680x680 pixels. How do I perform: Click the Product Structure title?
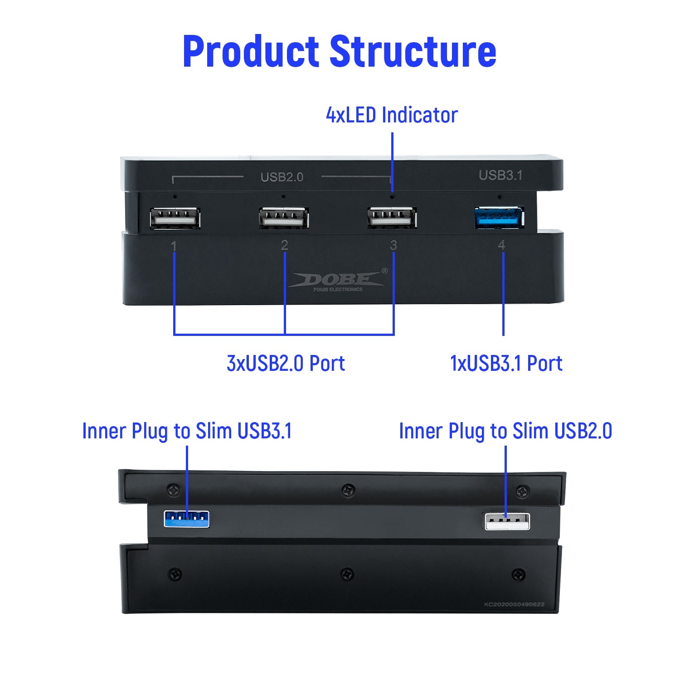(339, 51)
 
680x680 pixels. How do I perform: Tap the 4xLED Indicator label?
(392, 115)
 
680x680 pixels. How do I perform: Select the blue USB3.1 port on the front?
(499, 217)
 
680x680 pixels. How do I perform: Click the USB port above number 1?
(175, 218)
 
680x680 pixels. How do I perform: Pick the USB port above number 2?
(284, 218)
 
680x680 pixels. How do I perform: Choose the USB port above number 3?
(392, 218)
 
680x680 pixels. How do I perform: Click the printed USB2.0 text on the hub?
(282, 177)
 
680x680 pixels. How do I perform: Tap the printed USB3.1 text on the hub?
(500, 175)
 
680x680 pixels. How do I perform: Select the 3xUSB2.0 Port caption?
(286, 364)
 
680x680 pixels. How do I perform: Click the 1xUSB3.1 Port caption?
(506, 364)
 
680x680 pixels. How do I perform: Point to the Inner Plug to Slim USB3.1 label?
(187, 431)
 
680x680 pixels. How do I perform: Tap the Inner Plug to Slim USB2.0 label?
(505, 431)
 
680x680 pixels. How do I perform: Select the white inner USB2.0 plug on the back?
(507, 521)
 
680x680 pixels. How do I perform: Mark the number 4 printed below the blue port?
(501, 245)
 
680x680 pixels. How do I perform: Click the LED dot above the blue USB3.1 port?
(500, 197)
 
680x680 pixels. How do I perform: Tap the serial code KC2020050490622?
(514, 604)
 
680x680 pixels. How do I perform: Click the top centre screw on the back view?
(348, 490)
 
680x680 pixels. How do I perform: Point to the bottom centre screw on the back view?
(347, 574)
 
